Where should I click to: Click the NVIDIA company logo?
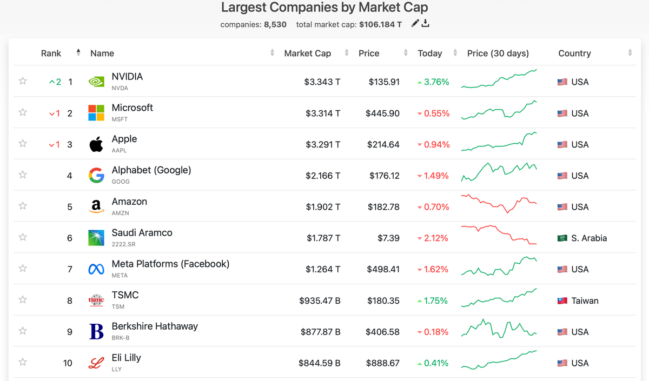coord(96,82)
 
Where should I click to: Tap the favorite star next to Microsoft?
coord(23,112)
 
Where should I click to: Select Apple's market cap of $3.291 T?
coord(322,145)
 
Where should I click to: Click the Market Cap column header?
coord(307,54)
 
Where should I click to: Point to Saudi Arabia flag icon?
coord(562,238)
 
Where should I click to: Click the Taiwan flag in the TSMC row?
coord(562,301)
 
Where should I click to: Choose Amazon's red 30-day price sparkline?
coord(499,204)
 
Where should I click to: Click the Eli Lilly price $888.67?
coord(383,363)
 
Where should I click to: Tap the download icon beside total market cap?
coord(426,23)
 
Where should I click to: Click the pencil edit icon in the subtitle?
coord(415,23)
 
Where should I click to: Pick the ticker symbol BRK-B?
coord(121,338)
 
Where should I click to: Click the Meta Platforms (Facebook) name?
coord(170,264)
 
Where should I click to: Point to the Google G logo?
coord(96,176)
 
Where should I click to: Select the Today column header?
coord(429,54)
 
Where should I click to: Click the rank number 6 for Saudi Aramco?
coord(70,238)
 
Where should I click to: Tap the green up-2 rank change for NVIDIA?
coord(55,82)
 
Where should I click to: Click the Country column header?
coord(574,54)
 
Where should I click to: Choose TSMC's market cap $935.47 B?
coord(320,301)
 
